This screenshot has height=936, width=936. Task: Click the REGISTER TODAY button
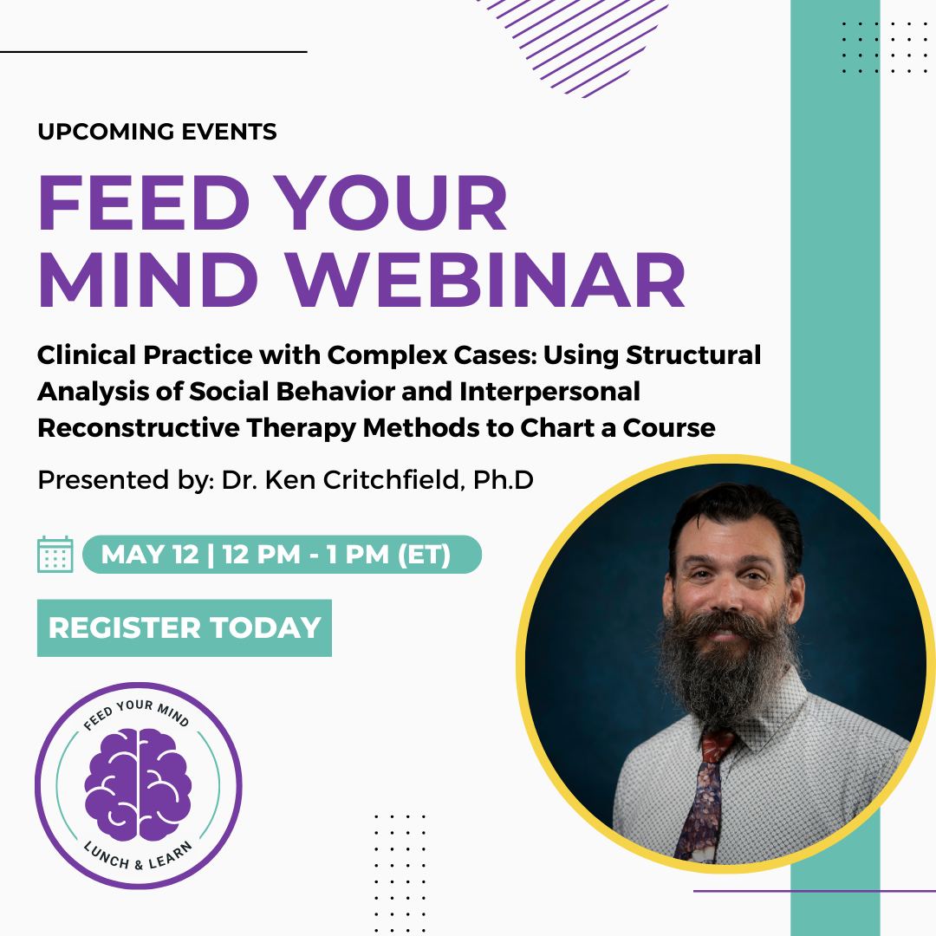click(x=185, y=628)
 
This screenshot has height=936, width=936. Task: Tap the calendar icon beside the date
click(x=55, y=555)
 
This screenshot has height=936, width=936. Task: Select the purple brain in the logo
click(x=138, y=783)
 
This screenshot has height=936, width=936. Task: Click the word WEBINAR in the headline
click(x=485, y=280)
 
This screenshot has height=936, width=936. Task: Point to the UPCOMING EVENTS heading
click(x=157, y=132)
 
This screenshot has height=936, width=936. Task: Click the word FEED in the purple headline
click(x=143, y=203)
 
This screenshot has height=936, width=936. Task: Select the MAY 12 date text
click(x=150, y=555)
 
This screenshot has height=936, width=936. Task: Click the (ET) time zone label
click(x=424, y=555)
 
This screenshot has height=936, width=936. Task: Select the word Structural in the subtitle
click(x=693, y=355)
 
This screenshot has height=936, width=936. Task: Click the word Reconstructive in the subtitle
click(x=137, y=428)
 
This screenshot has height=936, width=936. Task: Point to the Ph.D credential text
click(x=504, y=480)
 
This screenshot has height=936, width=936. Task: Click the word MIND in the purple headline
click(x=148, y=280)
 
